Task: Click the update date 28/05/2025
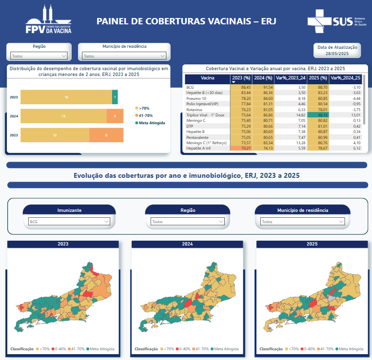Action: click(337, 53)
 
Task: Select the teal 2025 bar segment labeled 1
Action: click(115, 97)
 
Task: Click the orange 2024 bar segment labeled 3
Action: click(115, 116)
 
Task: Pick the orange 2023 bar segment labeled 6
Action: click(106, 135)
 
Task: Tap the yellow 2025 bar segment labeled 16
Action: click(66, 97)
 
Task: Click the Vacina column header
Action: click(207, 78)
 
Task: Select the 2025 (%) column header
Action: click(317, 78)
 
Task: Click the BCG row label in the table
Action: click(190, 87)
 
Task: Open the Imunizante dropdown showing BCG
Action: click(69, 222)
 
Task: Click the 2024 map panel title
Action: click(188, 244)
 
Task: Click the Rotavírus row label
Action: click(195, 110)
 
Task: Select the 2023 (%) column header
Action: click(241, 78)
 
